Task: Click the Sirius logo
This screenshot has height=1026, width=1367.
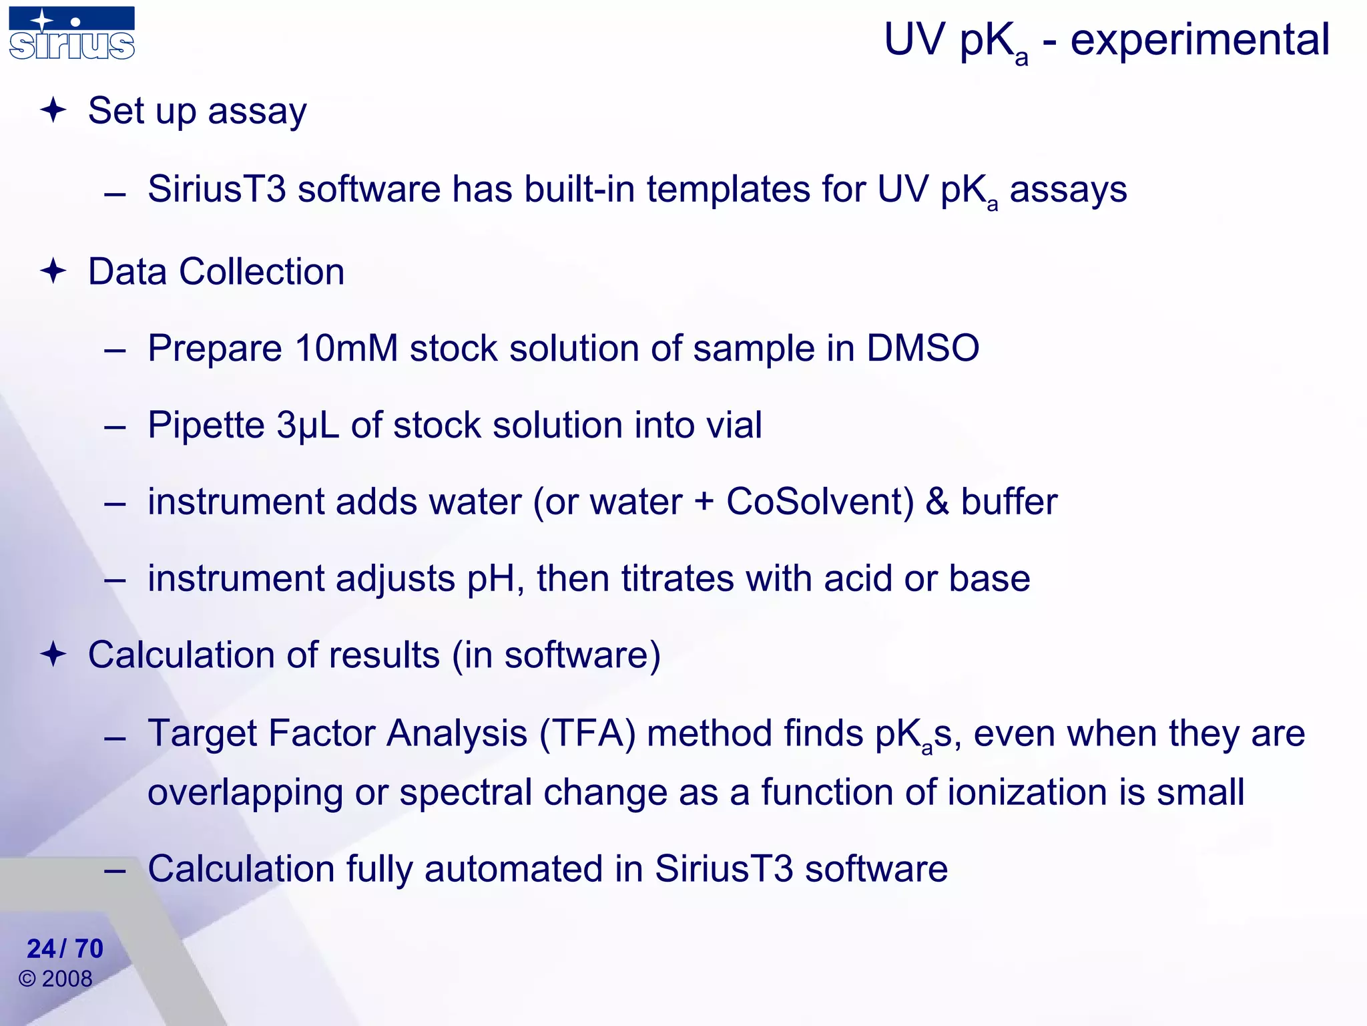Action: (x=72, y=33)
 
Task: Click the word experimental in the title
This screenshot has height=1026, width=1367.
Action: (x=1200, y=40)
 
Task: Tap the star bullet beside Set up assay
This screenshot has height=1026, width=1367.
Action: (x=53, y=110)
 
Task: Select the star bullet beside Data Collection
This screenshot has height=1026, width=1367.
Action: (x=53, y=272)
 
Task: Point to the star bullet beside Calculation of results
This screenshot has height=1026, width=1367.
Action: (x=53, y=655)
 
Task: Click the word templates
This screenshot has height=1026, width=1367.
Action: (x=728, y=189)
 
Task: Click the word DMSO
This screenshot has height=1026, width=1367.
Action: (x=922, y=349)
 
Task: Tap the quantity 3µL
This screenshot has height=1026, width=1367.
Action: (x=308, y=425)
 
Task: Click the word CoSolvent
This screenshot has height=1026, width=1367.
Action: (x=820, y=502)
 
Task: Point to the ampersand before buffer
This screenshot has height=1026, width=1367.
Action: (x=937, y=502)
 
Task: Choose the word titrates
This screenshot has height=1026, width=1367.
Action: (x=677, y=578)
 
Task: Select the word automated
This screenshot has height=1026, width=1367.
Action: (x=514, y=869)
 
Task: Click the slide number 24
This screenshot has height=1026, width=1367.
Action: (x=41, y=949)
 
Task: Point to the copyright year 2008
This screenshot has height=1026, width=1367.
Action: (x=67, y=979)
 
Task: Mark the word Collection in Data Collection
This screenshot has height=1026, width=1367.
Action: (x=262, y=272)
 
